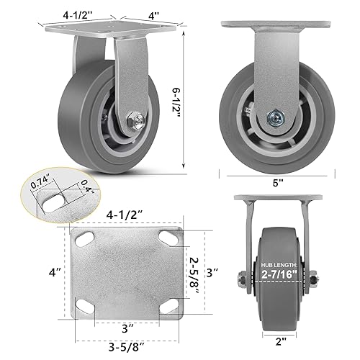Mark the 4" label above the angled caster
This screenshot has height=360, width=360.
pos(147,12)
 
